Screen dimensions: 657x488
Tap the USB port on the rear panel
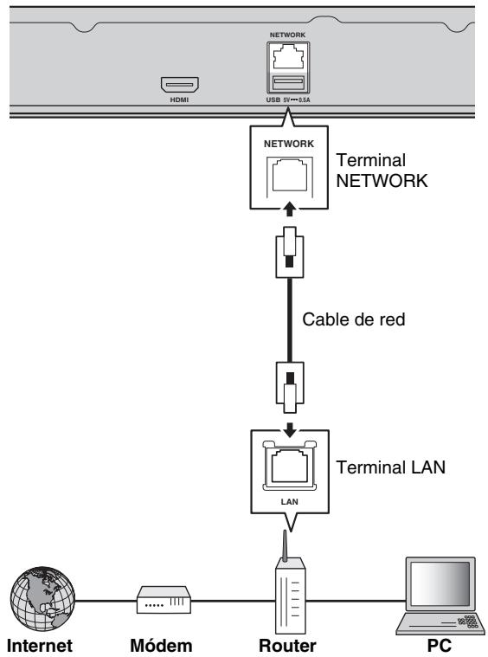click(x=288, y=83)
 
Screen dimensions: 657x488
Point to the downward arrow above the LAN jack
click(x=288, y=429)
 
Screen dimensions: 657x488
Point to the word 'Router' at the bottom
click(x=288, y=644)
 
